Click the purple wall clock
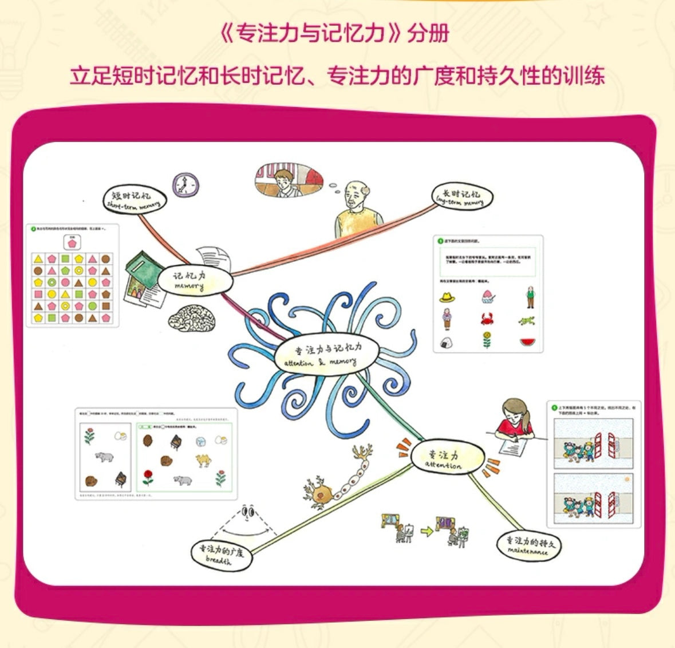tap(185, 185)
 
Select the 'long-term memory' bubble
tap(461, 198)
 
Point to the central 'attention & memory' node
tap(327, 355)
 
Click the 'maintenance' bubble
tap(529, 545)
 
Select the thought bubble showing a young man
tap(289, 180)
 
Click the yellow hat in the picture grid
tap(447, 297)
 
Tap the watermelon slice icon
tap(527, 342)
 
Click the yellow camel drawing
tap(203, 460)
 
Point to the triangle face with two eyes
tap(248, 511)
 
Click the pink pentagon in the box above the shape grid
tap(72, 244)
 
